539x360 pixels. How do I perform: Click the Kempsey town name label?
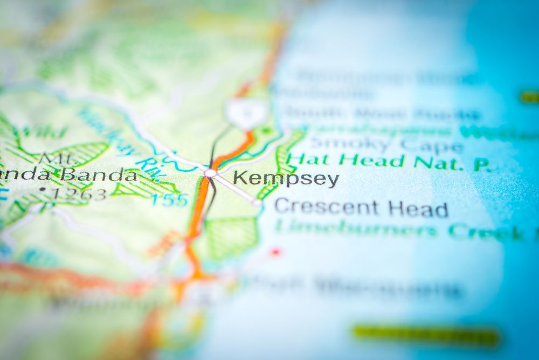click(286, 179)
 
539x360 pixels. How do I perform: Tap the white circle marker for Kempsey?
click(210, 173)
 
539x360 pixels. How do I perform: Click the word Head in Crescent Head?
click(420, 209)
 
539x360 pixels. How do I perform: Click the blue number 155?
click(169, 200)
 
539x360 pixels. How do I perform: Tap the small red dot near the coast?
click(275, 251)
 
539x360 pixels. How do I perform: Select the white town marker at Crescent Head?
click(258, 204)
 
